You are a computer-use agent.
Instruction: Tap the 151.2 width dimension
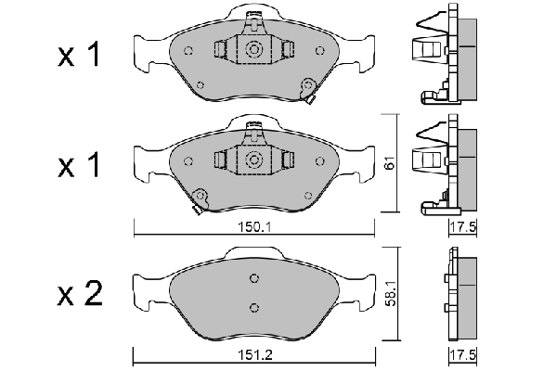[253, 353]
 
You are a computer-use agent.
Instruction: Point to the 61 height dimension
[390, 164]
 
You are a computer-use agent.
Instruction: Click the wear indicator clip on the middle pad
[198, 199]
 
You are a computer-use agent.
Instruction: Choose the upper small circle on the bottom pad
[253, 279]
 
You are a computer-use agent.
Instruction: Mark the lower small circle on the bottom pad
[253, 307]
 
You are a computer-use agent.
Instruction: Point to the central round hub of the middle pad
[253, 159]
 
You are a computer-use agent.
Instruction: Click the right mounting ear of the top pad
[361, 48]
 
